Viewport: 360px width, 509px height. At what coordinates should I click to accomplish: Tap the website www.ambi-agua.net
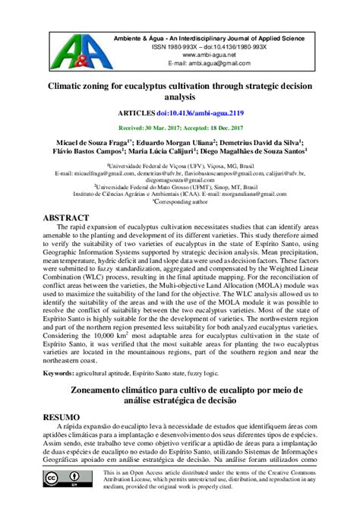[200, 55]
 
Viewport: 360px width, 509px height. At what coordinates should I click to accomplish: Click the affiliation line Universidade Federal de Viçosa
[181, 165]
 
